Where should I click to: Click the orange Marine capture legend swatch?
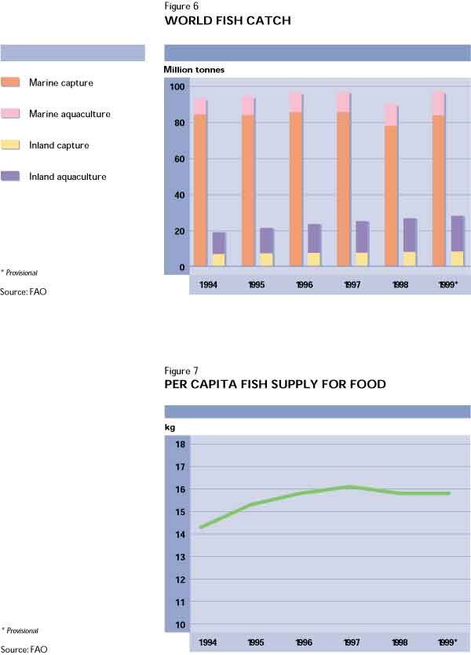[x=11, y=82]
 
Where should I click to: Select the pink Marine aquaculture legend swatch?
[x=11, y=114]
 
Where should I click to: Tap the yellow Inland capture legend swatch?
[x=11, y=145]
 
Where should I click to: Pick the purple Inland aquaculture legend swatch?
[x=11, y=177]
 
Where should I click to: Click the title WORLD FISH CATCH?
[x=228, y=21]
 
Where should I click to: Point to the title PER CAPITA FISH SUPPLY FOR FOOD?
[x=276, y=385]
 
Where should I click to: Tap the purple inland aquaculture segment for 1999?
[x=457, y=233]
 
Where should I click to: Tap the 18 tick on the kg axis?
[x=180, y=445]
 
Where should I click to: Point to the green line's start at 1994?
[x=201, y=527]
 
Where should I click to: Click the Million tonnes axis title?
[x=194, y=70]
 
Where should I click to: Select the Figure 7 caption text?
[x=181, y=370]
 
